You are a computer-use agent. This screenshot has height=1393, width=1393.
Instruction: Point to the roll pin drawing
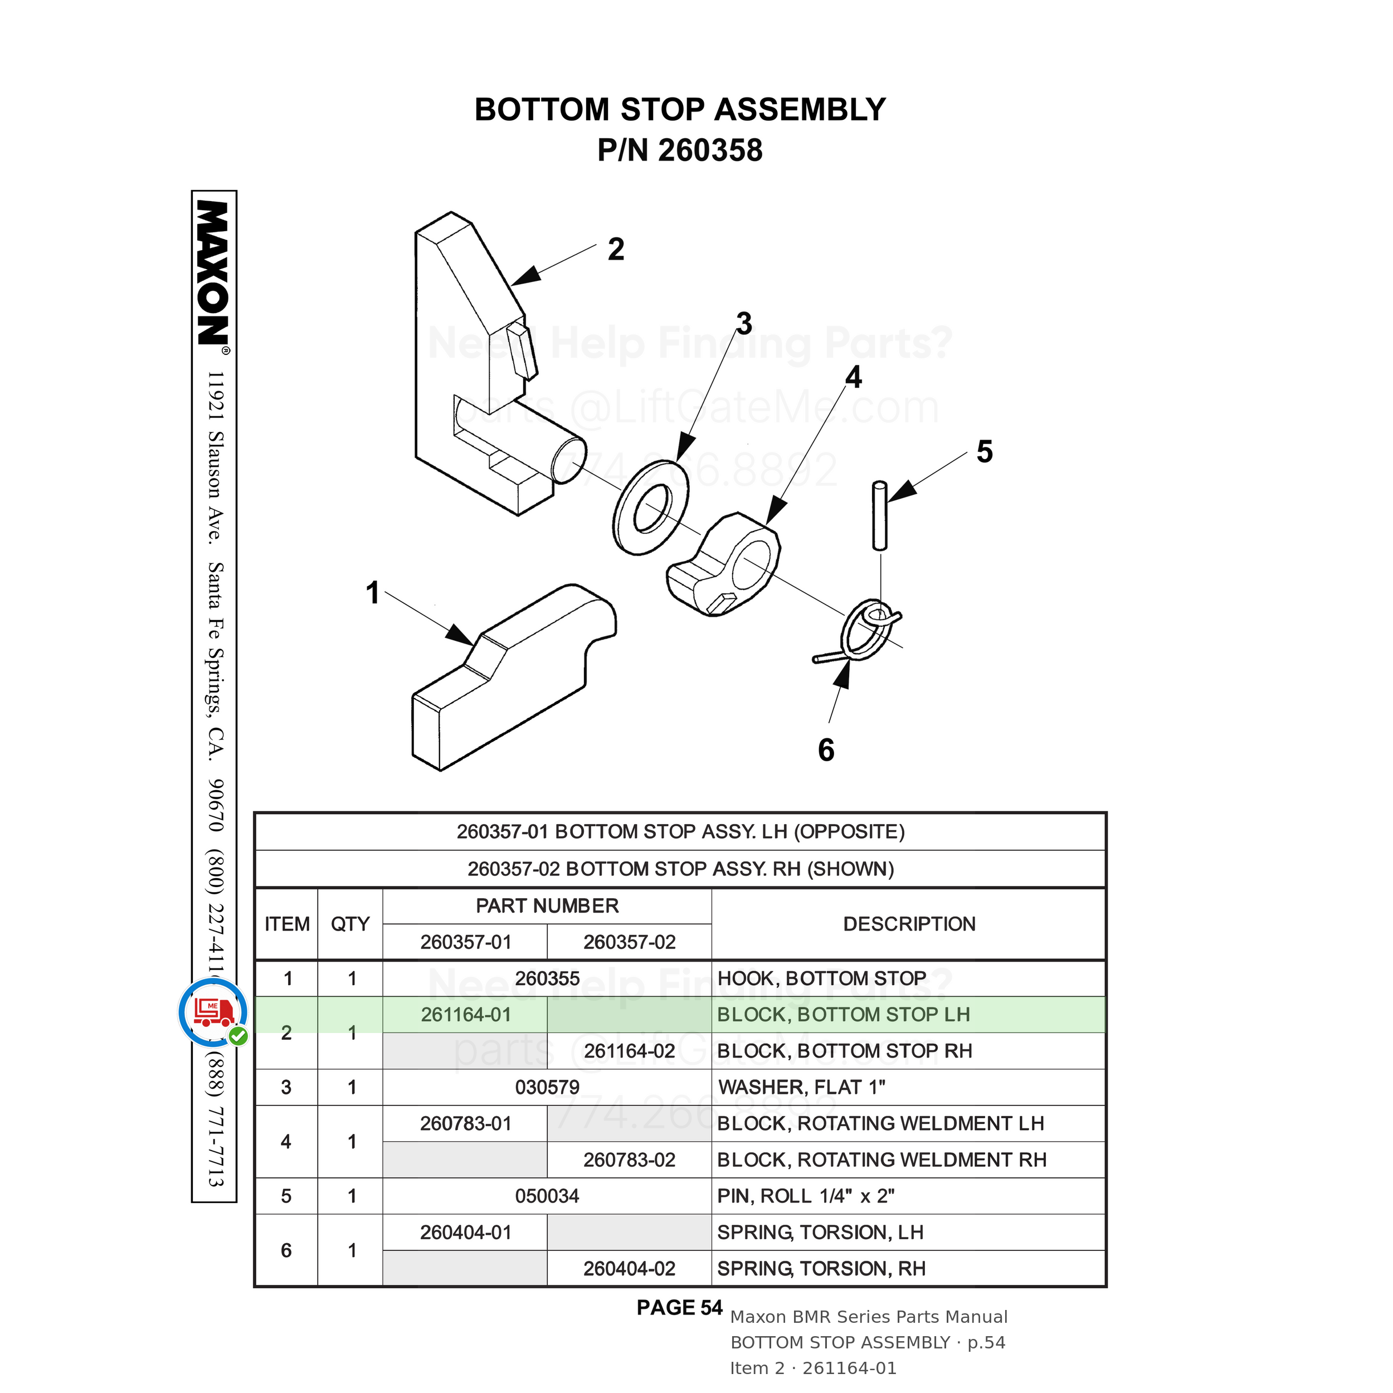(880, 515)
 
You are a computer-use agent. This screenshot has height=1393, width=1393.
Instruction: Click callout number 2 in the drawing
(616, 250)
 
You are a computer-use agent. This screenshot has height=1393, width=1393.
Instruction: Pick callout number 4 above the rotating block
(854, 377)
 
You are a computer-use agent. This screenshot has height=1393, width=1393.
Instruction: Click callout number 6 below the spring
(826, 750)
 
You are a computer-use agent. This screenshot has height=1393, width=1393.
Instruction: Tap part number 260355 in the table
(547, 978)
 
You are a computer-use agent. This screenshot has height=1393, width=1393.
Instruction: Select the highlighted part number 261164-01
(466, 1015)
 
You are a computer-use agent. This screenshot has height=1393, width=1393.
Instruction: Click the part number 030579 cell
(547, 1087)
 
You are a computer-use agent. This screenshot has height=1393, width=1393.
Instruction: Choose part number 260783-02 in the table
(630, 1160)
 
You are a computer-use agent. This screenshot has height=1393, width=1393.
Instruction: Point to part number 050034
(547, 1196)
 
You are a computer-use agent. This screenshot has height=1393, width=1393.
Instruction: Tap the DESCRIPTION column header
(909, 924)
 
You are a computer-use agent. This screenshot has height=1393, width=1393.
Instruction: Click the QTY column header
(350, 924)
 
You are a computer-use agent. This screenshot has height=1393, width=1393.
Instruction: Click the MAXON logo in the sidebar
(213, 274)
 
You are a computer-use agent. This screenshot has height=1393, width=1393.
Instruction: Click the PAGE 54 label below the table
(679, 1308)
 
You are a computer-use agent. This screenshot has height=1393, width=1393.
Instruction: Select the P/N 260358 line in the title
(680, 150)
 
